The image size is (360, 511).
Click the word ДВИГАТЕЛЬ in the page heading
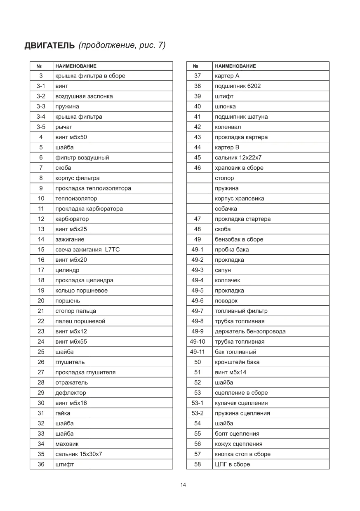point(49,46)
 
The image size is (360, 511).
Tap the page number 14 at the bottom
point(183,485)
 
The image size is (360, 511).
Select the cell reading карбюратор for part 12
point(72,219)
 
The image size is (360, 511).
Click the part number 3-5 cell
point(41,127)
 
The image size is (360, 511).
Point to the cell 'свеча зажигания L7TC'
point(87,249)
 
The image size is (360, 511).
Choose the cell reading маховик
point(67,444)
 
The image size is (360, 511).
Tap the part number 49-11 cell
point(198,352)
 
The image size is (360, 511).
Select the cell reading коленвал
point(228,127)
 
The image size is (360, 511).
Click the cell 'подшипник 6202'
point(238,86)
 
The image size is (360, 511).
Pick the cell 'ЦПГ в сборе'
point(232,464)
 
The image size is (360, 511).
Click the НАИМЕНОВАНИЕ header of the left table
point(76,66)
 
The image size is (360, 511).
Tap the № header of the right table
point(196,66)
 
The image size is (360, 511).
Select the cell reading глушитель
point(70,362)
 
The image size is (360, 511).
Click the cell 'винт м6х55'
point(71,342)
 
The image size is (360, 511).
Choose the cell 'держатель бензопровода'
point(250,331)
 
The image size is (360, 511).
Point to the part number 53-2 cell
point(198,413)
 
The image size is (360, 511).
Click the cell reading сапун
point(223,270)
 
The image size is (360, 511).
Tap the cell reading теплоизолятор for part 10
point(76,199)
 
